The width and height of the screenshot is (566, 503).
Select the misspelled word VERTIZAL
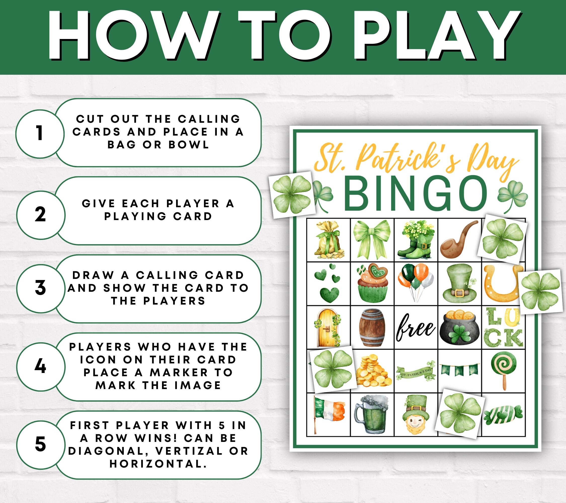pos(189,451)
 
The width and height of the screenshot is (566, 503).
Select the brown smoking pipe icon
pos(457,239)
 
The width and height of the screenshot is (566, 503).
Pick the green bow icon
pos(372,239)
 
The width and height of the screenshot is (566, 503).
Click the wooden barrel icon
pos(372,327)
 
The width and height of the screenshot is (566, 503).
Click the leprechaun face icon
pos(415,415)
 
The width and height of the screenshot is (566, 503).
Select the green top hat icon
pos(460,283)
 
